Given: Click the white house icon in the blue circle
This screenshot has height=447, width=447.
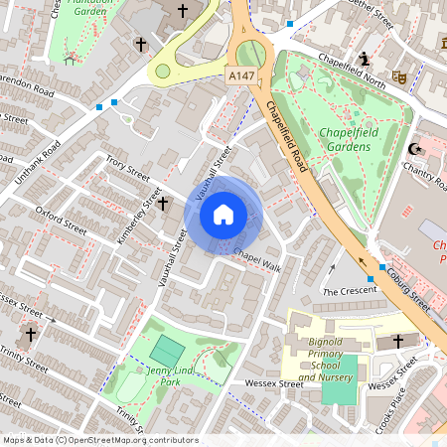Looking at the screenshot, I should (223, 215).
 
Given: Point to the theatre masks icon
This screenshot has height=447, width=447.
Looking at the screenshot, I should (401, 75).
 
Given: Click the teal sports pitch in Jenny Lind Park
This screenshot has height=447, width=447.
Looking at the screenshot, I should (165, 351).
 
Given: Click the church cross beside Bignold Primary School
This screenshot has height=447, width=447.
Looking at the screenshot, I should (399, 341).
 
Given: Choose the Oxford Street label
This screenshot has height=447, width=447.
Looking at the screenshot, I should (57, 218).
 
